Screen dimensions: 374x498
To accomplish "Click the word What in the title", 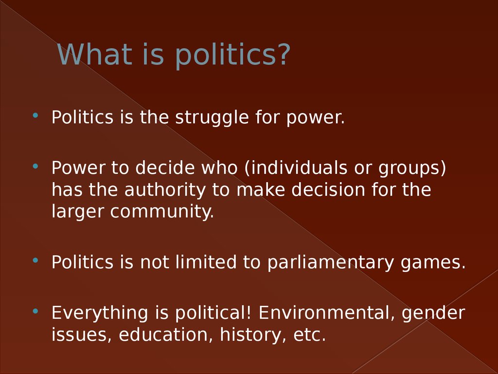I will point(93,54).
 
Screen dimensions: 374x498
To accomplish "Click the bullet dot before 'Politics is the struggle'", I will point(35,115).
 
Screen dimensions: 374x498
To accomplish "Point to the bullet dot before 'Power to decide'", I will point(35,166).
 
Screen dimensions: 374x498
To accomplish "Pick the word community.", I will point(162,212).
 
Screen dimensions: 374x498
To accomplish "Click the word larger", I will point(78,212).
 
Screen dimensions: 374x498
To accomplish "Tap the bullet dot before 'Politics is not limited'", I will point(35,260).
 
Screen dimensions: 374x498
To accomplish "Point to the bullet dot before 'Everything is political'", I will point(35,310).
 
